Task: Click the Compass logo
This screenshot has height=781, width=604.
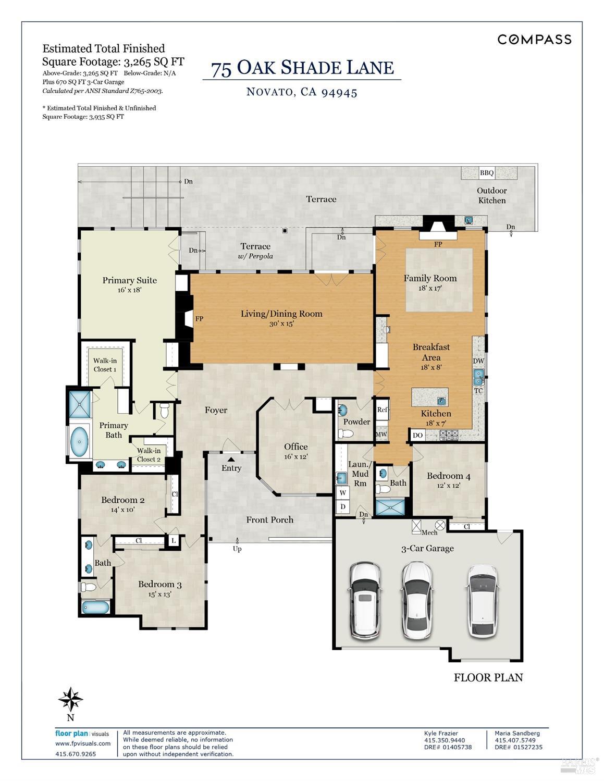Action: coord(534,40)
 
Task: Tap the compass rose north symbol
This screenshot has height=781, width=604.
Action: coord(71,699)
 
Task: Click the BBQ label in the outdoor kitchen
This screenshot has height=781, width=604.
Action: coord(486,173)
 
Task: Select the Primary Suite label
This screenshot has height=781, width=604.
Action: coord(129,280)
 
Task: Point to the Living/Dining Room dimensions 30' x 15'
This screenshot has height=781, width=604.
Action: coord(281,324)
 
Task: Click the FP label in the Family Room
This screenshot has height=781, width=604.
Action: coord(438,244)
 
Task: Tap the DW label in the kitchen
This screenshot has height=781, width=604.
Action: coord(478,361)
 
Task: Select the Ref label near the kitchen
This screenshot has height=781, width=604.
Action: coord(382,410)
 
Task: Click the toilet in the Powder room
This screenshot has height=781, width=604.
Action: coord(346,433)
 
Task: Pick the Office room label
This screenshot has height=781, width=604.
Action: coord(295,447)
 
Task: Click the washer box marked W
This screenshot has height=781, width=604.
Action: coord(342,492)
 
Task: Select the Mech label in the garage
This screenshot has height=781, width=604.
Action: coord(429,532)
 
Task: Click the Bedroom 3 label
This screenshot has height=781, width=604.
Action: coord(159,584)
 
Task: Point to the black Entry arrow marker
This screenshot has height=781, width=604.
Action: coord(231,459)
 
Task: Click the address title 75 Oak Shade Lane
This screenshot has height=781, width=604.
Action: coord(302,68)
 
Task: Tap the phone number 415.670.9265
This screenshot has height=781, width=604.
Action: coord(76,753)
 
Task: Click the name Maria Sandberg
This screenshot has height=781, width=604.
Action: coord(517,733)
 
